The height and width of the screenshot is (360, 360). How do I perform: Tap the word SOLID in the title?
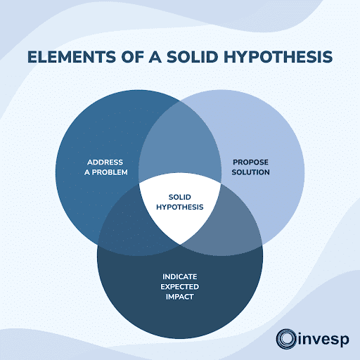point(188,58)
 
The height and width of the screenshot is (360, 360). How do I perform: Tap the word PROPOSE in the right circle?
point(251,162)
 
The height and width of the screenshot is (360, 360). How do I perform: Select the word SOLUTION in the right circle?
point(251,172)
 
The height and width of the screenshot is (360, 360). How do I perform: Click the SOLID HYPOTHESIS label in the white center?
point(180,202)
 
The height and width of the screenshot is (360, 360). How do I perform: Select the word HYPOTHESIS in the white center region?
point(180,207)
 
